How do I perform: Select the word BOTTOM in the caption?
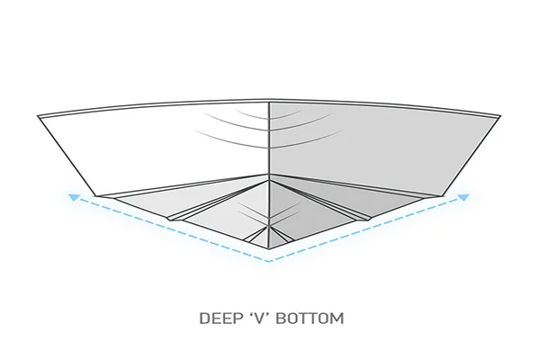310,318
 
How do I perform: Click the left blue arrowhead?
74,197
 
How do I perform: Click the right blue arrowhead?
463,197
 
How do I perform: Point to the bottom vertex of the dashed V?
269,262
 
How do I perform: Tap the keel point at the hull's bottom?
269,248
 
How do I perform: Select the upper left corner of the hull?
38,116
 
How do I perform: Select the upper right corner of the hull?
500,116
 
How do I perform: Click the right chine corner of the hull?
443,196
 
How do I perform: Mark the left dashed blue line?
172,229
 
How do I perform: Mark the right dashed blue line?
366,229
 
